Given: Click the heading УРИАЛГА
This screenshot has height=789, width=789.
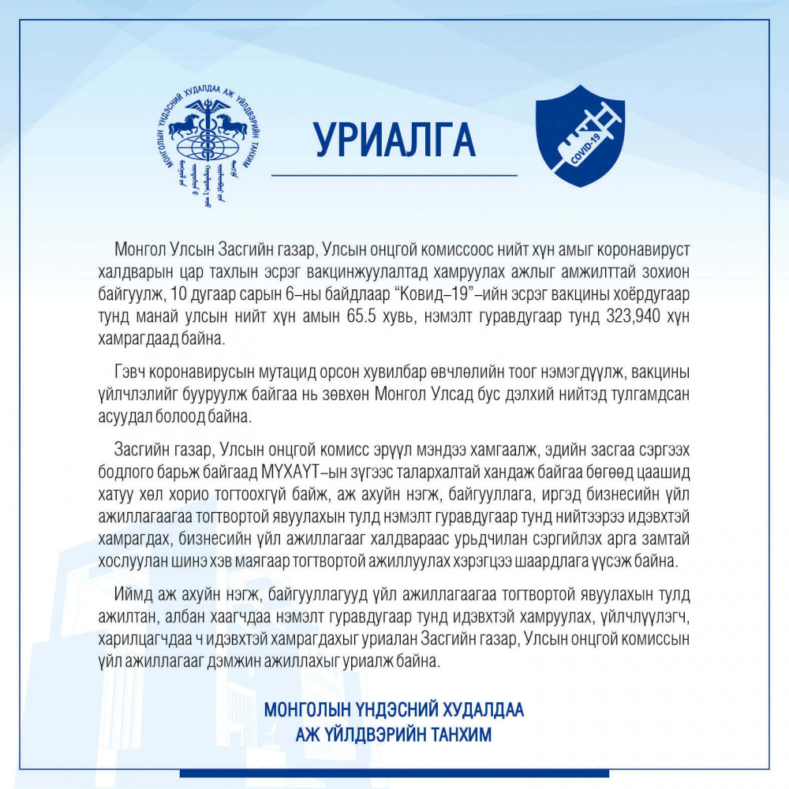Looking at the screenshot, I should pyautogui.click(x=394, y=139).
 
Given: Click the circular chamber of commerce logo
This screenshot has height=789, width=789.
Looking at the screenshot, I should pyautogui.click(x=209, y=138).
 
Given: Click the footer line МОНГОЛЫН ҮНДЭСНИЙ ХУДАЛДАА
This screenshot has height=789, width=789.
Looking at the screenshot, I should pyautogui.click(x=394, y=709).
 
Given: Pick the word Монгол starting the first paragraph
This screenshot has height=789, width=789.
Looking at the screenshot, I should pyautogui.click(x=139, y=249).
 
